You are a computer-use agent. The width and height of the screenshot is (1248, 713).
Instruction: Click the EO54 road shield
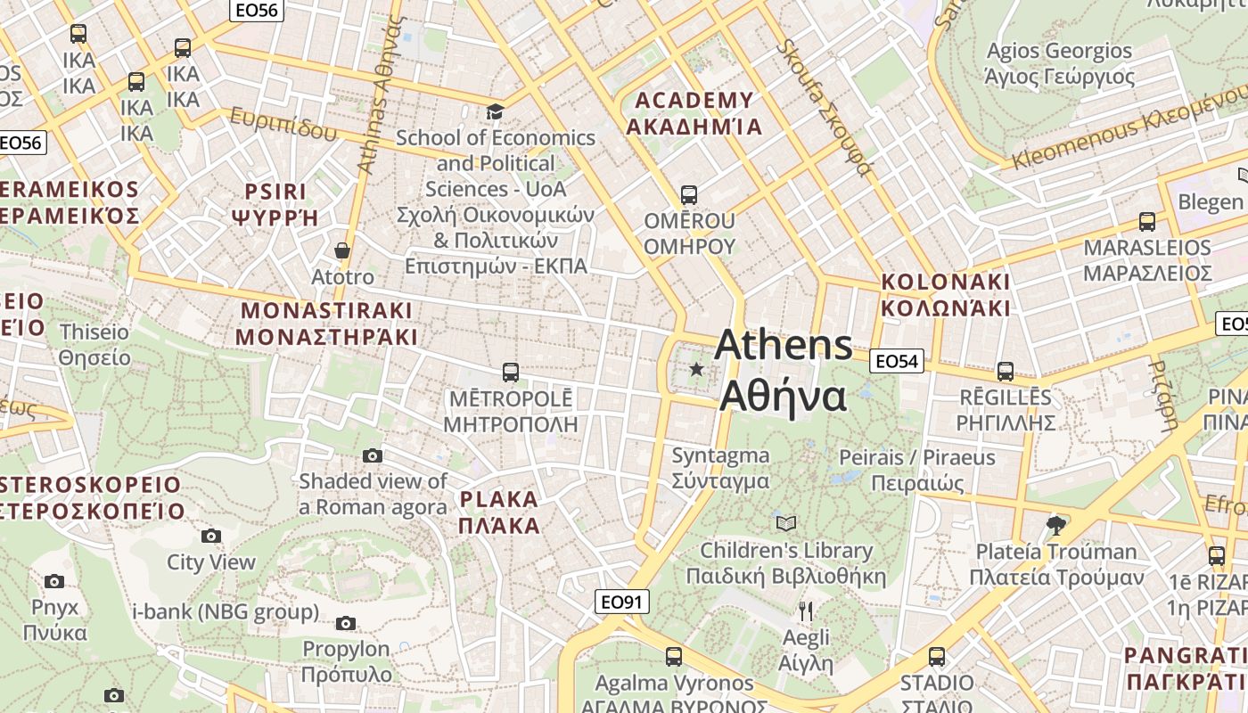click(x=896, y=361)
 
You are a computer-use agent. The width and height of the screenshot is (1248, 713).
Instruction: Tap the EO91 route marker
click(x=621, y=602)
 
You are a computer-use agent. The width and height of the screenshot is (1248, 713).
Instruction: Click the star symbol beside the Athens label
click(x=696, y=368)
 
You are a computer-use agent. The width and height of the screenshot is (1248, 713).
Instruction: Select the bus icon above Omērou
click(x=688, y=194)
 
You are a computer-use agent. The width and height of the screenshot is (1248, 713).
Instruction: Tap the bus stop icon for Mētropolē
click(x=511, y=372)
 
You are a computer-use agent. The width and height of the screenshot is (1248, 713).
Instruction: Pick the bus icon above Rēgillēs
click(x=1006, y=371)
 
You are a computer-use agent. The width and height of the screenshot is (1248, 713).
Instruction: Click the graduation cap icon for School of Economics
click(x=495, y=111)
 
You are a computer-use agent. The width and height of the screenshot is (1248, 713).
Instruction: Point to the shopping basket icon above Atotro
click(x=342, y=250)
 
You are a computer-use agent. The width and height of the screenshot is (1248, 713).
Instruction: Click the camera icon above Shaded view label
click(x=373, y=456)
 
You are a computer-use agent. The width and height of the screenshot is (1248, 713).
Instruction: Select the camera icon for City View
click(x=211, y=536)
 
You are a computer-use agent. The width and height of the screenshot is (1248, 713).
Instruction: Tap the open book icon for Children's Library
click(x=786, y=523)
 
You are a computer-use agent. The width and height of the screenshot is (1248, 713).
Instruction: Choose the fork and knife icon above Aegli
click(x=806, y=611)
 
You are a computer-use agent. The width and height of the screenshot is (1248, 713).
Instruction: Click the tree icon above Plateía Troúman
click(x=1056, y=525)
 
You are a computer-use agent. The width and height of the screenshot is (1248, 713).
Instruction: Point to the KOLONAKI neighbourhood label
click(x=946, y=295)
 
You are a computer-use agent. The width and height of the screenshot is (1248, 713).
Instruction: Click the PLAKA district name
click(x=499, y=512)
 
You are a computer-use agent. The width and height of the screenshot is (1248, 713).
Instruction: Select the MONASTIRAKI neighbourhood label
click(x=327, y=324)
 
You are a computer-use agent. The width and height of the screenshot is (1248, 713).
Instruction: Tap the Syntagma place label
click(x=720, y=468)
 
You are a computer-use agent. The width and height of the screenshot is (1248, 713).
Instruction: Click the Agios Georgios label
click(x=1060, y=63)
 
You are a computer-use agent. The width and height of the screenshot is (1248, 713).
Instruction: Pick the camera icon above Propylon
click(x=346, y=624)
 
